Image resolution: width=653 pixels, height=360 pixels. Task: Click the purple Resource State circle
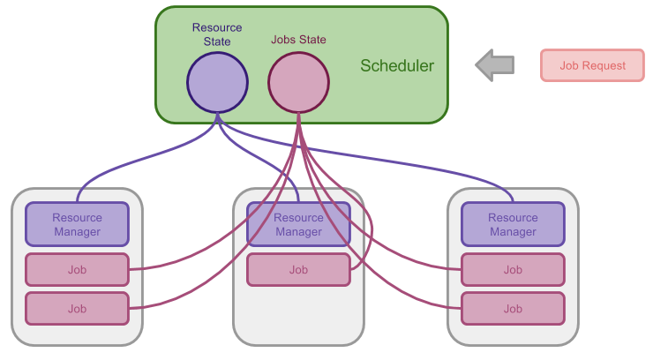coord(217,82)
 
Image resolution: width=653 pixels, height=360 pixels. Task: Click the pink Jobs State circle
coord(298,82)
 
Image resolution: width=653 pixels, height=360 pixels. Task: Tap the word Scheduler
coord(397,66)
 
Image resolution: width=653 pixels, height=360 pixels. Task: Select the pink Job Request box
coord(592,65)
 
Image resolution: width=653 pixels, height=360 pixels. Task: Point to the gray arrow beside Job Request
coord(495,65)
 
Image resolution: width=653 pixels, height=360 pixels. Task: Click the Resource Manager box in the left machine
coord(77,224)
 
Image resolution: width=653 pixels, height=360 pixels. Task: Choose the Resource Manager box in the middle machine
coord(298,224)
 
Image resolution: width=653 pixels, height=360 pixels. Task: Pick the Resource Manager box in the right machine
coord(513,224)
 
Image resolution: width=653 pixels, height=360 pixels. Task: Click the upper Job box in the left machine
coord(77,270)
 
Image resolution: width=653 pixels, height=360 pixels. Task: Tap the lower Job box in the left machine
coord(77,309)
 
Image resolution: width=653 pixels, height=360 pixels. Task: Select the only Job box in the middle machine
coord(298,270)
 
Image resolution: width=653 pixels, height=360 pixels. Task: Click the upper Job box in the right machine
coord(513,270)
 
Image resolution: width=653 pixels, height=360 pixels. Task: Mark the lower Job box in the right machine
coord(513,309)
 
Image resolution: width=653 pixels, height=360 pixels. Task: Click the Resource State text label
coord(217,34)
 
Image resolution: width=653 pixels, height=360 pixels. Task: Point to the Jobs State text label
coord(298,40)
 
